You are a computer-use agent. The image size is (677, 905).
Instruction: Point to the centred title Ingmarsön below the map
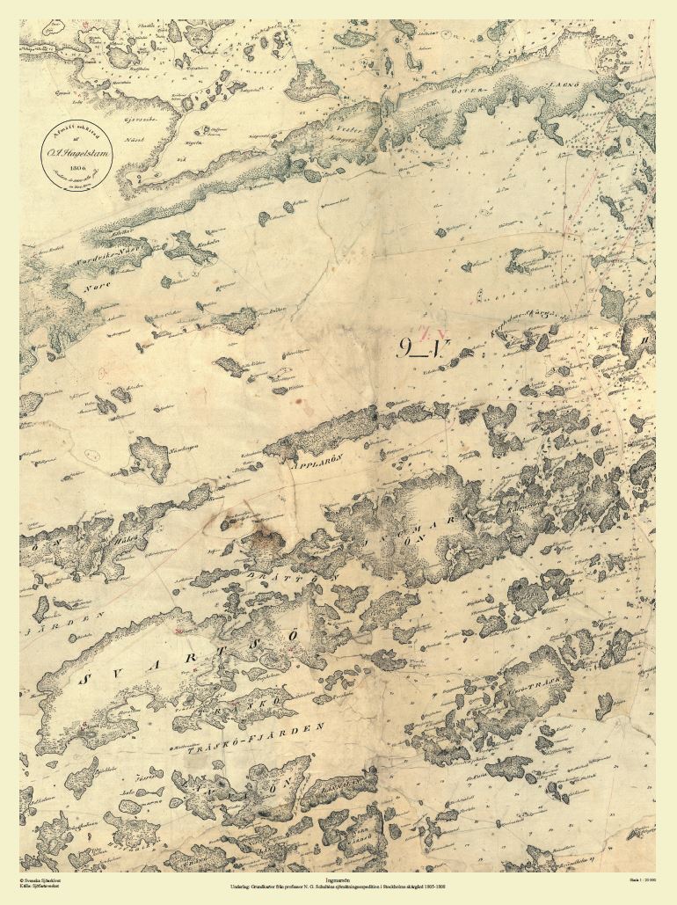click(338, 877)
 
